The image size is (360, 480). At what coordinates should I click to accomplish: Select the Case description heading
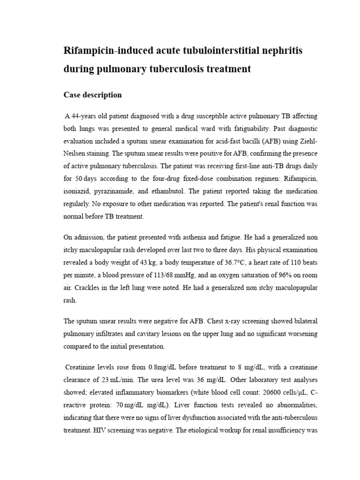(x=92, y=95)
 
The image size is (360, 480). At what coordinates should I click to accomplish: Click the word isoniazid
(x=80, y=192)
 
